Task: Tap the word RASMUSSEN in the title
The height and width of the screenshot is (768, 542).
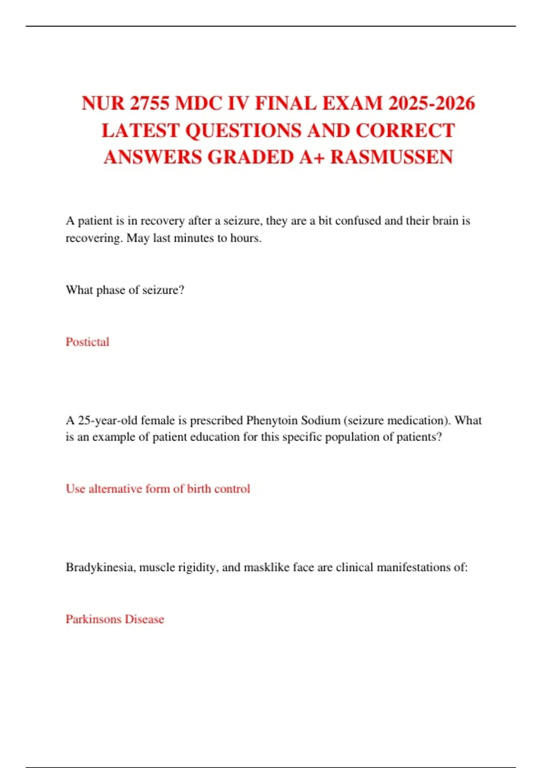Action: pyautogui.click(x=392, y=157)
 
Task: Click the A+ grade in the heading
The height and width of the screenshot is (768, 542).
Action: pyautogui.click(x=312, y=157)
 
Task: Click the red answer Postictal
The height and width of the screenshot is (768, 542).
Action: pyautogui.click(x=87, y=342)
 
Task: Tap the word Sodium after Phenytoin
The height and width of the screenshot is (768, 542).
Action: pyautogui.click(x=320, y=421)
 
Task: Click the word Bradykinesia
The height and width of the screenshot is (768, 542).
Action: pyautogui.click(x=100, y=567)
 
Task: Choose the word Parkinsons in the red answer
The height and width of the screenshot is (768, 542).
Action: pyautogui.click(x=93, y=619)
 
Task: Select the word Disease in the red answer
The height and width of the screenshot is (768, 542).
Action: pyautogui.click(x=144, y=619)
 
